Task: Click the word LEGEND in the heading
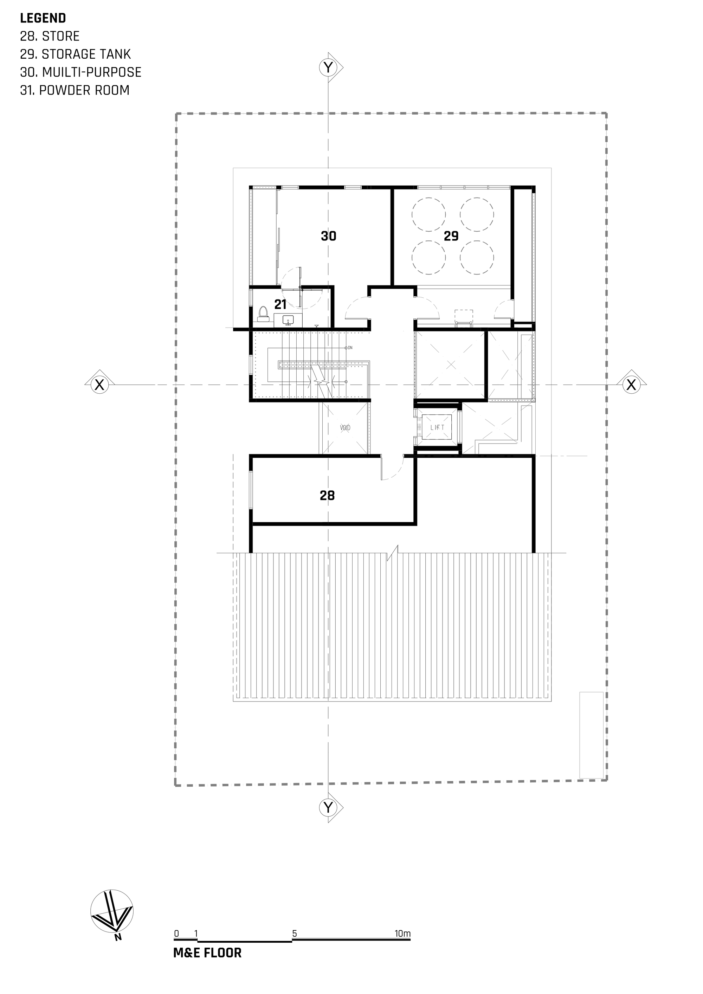coord(43,18)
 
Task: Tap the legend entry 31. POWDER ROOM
coord(75,90)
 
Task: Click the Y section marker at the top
coord(329,67)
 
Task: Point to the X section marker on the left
coord(99,385)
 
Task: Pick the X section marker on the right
coord(631,385)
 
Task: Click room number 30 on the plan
coord(329,236)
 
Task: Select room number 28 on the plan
coord(327,495)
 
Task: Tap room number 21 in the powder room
coord(280,304)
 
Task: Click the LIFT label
coord(437,427)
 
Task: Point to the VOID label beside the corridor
coord(345,428)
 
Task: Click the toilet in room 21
coord(262,314)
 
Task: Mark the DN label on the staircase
coord(350,348)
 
